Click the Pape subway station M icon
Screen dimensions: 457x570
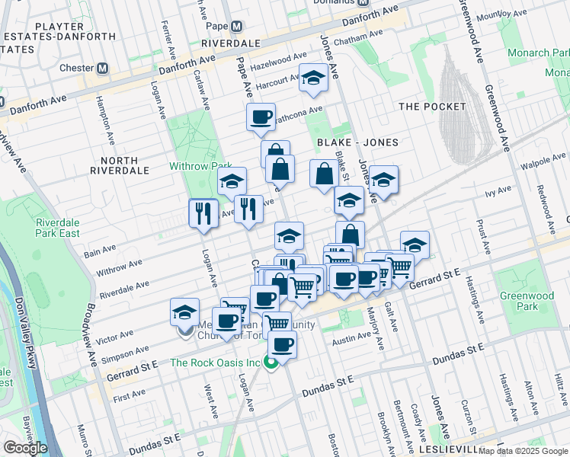click(x=236, y=26)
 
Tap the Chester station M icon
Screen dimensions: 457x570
click(x=101, y=68)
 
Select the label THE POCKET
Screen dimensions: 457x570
click(x=431, y=107)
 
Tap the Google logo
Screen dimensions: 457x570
click(x=24, y=448)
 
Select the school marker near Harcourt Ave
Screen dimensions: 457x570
click(x=312, y=78)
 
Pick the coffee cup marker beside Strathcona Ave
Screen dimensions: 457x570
click(x=261, y=117)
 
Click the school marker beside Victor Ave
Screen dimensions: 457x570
click(x=184, y=312)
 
